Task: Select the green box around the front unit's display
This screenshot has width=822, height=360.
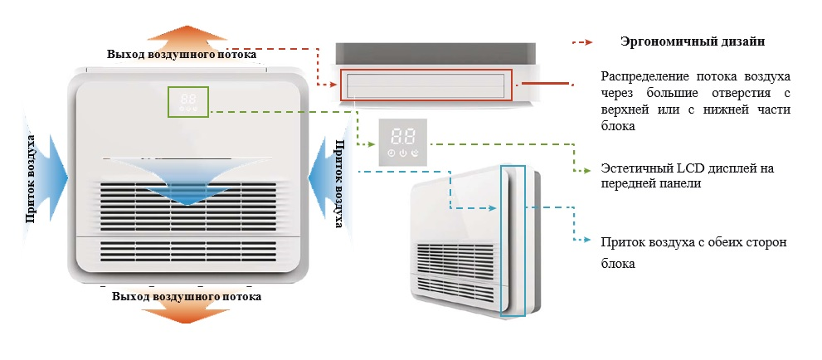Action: point(189,101)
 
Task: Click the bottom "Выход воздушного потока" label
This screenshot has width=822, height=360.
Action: point(187,296)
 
